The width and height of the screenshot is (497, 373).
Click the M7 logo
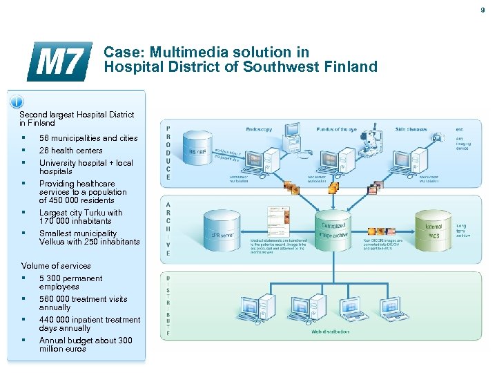(59, 61)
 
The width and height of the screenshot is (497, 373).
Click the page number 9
(483, 10)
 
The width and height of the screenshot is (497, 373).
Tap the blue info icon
(16, 102)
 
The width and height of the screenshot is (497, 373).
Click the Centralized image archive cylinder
(333, 224)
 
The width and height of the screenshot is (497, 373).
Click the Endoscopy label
(260, 129)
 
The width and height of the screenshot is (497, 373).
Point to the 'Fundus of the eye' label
(336, 129)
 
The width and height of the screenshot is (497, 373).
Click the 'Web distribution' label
(327, 332)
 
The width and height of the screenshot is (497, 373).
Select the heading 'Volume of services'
(56, 266)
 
